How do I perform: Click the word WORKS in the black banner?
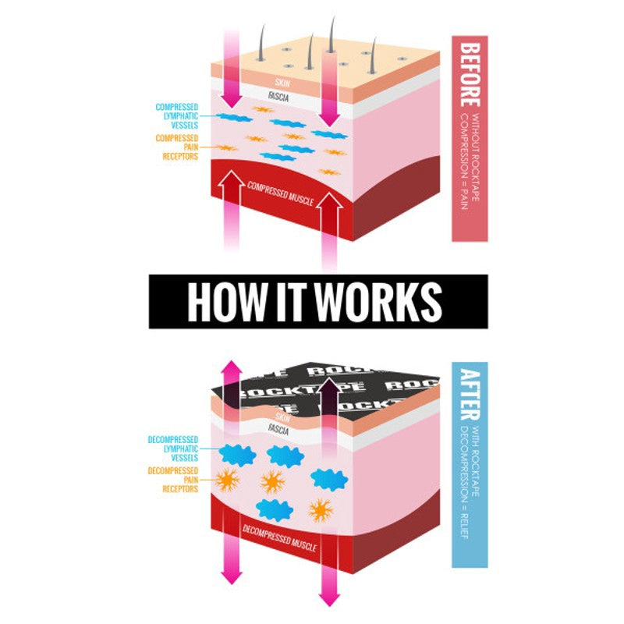click(x=380, y=301)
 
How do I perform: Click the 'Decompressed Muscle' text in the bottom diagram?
click(x=279, y=538)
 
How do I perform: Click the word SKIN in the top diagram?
click(x=282, y=82)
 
